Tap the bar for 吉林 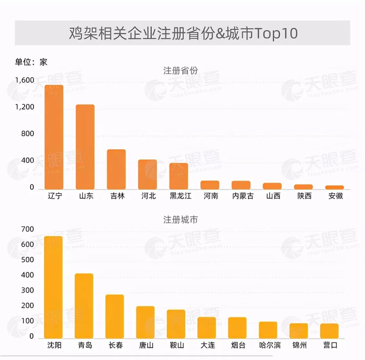[116, 169]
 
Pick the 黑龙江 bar [178, 176]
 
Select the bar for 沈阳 [53, 287]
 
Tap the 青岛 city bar [84, 306]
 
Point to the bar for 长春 [115, 316]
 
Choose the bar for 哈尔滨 [268, 330]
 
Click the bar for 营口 [329, 331]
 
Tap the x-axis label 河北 [148, 196]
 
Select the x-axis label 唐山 [146, 345]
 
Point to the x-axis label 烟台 [238, 345]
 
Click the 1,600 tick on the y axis [25, 80]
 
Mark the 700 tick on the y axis [27, 229]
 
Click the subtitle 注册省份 [180, 71]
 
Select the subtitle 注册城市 [180, 220]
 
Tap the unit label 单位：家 [31, 62]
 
